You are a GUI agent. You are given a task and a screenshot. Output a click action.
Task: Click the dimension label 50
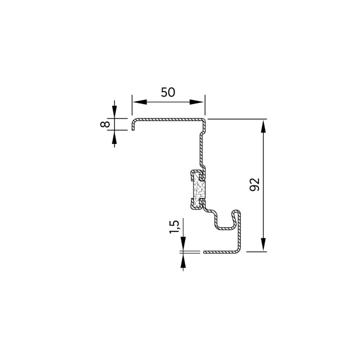[x=168, y=92]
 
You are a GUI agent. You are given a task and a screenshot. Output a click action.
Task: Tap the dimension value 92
[x=254, y=184]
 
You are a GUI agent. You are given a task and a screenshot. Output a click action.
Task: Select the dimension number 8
[x=105, y=124]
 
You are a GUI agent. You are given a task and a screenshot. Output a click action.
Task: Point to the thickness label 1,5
[x=174, y=227]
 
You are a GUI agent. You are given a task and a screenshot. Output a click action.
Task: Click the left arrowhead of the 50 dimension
[x=139, y=102]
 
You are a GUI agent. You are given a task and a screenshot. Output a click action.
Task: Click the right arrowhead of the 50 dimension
[x=196, y=102]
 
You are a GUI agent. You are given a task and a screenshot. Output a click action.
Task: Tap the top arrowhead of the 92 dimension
[x=263, y=126]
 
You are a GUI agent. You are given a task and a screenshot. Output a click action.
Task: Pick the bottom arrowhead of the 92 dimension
[x=263, y=244]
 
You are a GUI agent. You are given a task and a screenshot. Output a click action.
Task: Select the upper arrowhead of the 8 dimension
[x=114, y=111]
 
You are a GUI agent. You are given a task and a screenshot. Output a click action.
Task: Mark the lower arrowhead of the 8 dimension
[x=114, y=137]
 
